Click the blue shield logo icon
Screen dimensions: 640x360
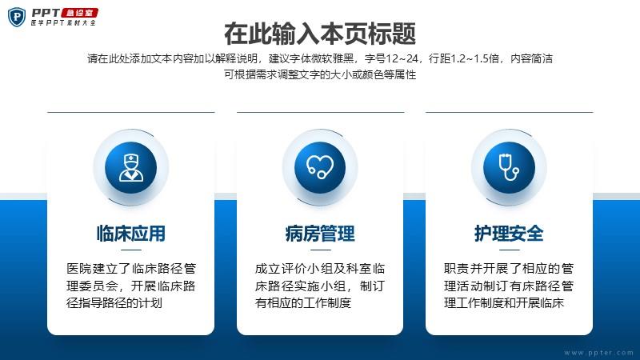tap(17, 17)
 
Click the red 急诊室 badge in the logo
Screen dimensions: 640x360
tap(79, 13)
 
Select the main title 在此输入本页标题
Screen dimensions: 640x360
tap(320, 34)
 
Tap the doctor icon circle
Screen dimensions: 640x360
tap(130, 167)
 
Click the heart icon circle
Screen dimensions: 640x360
tap(320, 167)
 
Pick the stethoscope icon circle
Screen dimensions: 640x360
tap(509, 167)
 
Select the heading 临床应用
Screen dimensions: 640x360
tap(131, 234)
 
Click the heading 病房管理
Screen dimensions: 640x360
tap(320, 234)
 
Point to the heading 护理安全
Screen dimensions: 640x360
tap(509, 234)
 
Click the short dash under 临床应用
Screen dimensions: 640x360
tap(131, 250)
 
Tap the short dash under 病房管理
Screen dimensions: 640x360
tap(321, 250)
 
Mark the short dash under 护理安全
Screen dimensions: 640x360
tap(509, 250)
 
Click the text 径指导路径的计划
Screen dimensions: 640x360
tap(114, 303)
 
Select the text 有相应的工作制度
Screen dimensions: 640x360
tap(303, 303)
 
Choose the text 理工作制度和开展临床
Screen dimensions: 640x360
tap(504, 303)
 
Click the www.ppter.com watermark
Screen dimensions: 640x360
tap(598, 353)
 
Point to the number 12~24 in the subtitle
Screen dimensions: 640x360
tap(402, 58)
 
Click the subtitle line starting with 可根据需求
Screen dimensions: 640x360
tap(320, 74)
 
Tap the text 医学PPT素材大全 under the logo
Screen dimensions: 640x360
tap(63, 23)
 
